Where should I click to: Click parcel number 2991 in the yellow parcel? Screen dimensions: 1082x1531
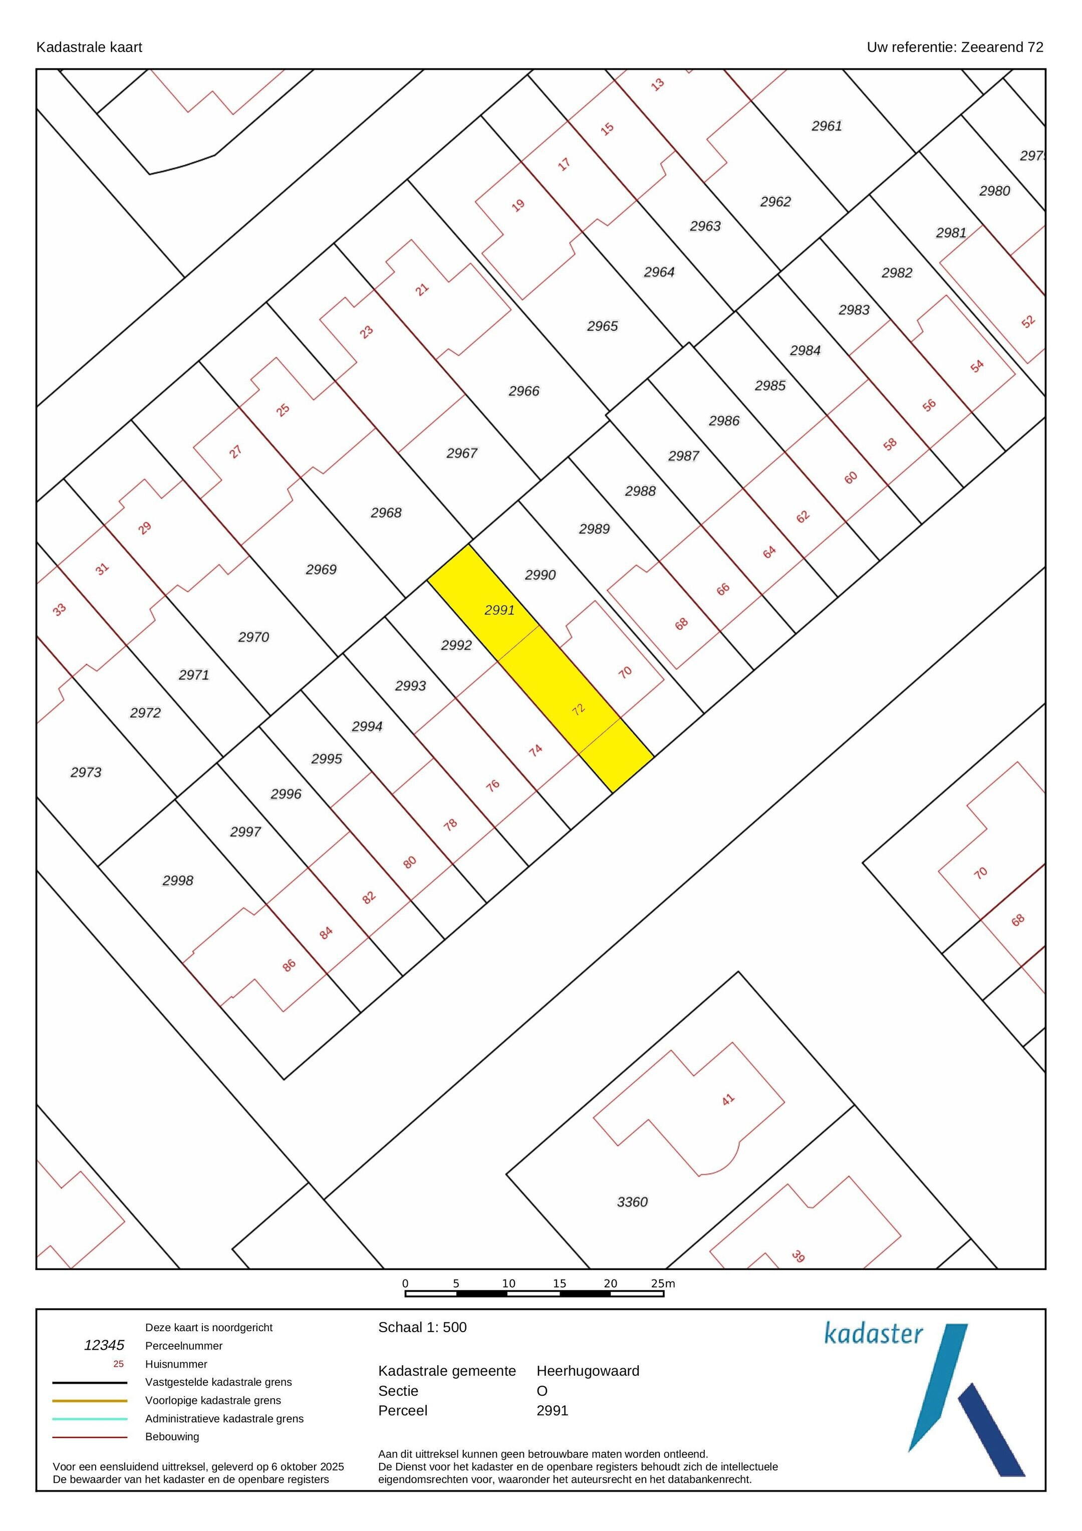(x=499, y=610)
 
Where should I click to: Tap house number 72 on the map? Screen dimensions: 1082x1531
(x=578, y=709)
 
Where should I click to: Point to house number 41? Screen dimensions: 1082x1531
(x=727, y=1099)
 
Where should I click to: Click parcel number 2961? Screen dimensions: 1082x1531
(x=827, y=126)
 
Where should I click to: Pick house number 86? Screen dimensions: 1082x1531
(x=289, y=965)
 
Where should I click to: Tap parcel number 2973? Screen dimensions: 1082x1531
(x=86, y=772)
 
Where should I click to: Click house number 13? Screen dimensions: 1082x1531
(x=657, y=85)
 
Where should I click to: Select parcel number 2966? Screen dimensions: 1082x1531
(x=524, y=391)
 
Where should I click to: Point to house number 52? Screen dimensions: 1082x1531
(x=1028, y=322)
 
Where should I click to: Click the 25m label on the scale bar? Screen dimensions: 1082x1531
(x=663, y=1283)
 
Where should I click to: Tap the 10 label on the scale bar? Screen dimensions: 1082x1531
(x=508, y=1283)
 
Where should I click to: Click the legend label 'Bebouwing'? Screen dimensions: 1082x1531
(x=172, y=1436)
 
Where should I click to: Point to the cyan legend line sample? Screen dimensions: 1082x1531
(x=90, y=1419)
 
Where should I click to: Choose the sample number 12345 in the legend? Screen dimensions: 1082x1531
(x=104, y=1345)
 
